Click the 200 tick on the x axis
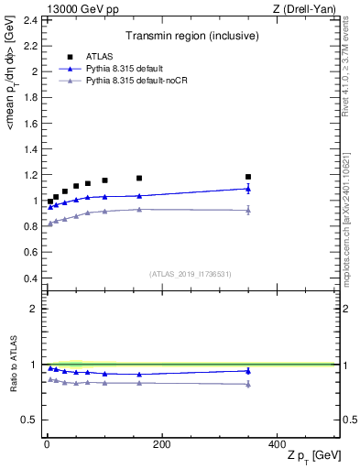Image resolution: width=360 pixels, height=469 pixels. coord(161,444)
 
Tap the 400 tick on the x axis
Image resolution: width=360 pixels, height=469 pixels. coord(278,444)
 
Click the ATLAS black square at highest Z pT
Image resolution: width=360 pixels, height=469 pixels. coord(248,177)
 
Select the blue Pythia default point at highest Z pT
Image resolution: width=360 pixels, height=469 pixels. coord(248,189)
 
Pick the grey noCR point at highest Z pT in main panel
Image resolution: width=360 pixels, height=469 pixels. coord(248,211)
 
